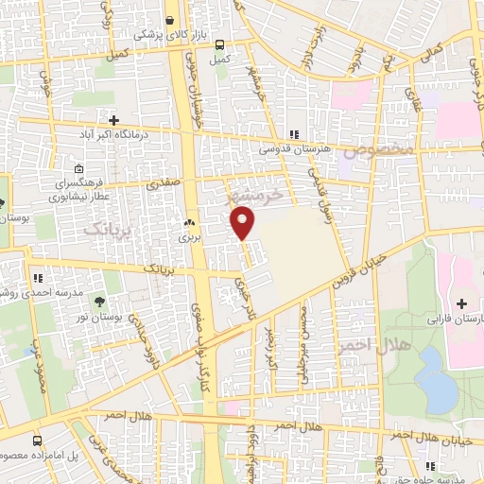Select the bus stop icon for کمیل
coord(219,44)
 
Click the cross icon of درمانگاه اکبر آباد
coord(114,120)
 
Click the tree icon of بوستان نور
coord(99,303)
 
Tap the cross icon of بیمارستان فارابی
coord(461,304)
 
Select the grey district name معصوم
coord(378,149)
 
